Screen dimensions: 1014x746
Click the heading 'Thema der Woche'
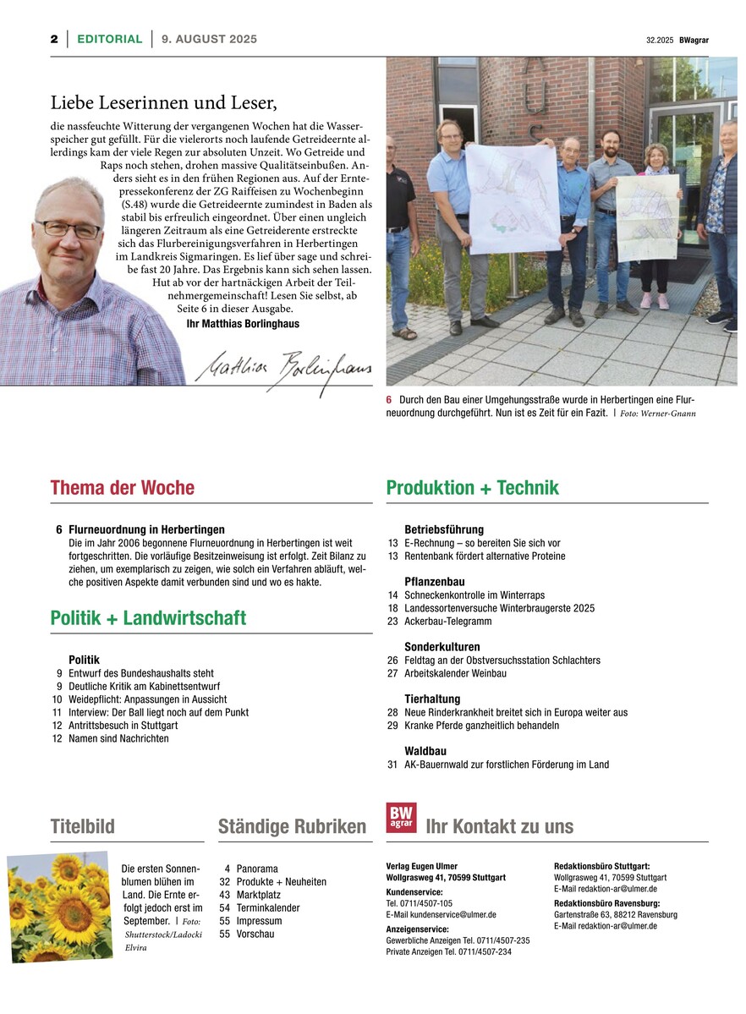coord(122,488)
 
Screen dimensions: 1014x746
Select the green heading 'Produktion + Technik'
coord(472,488)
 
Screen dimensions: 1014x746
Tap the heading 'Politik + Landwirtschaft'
coord(148,618)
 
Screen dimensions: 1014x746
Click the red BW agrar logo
coord(401,818)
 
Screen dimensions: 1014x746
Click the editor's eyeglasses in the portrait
coord(68,228)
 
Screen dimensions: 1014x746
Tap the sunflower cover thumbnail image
coord(59,907)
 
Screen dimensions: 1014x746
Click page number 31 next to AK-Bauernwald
coord(392,765)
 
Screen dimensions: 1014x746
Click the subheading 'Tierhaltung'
coord(432,699)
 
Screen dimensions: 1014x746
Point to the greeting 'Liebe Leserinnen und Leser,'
coord(164,103)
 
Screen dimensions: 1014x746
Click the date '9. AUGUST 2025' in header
coord(209,39)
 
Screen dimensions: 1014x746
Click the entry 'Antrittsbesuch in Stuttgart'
coord(123,726)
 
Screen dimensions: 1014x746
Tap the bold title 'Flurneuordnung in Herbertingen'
coord(146,529)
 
